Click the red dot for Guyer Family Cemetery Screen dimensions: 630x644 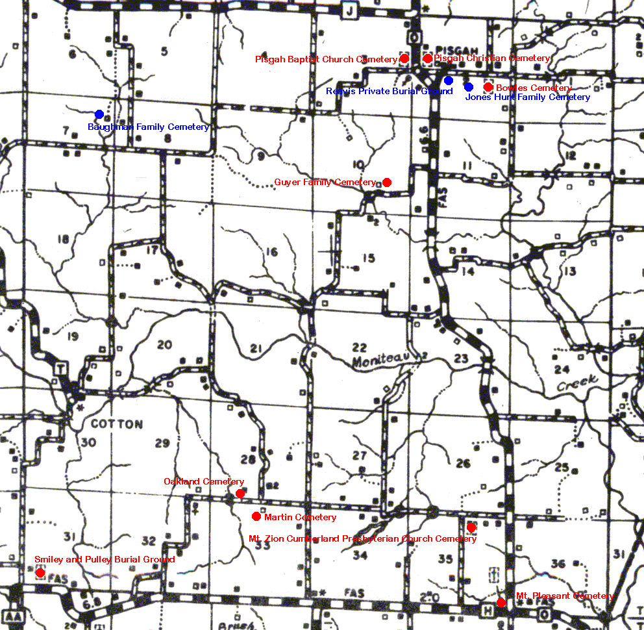coord(387,182)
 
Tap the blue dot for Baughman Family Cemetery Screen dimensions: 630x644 coord(99,114)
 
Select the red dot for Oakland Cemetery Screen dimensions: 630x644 coord(240,494)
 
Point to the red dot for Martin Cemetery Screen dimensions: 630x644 coord(256,516)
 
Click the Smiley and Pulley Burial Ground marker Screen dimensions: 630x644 coord(40,573)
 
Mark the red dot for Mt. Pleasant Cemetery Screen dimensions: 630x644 coord(501,603)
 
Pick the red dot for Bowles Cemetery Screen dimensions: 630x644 coord(488,87)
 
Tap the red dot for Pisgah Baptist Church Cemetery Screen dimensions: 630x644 coord(404,58)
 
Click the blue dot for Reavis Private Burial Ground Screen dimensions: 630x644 coord(449,81)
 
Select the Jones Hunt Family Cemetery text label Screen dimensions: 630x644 coord(528,97)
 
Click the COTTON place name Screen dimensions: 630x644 coord(117,424)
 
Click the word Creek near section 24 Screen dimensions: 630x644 coord(576,384)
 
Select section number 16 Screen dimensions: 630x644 coord(271,252)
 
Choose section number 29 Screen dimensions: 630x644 coord(162,444)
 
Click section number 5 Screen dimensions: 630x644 coord(164,51)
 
